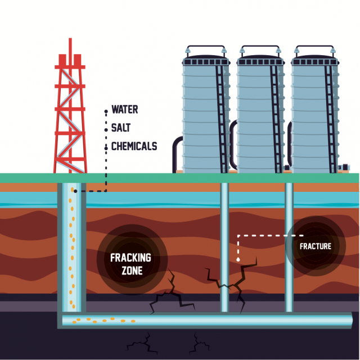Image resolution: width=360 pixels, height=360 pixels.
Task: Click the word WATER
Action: pyautogui.click(x=124, y=109)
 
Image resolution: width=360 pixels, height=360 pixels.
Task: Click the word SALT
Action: pyautogui.click(x=121, y=128)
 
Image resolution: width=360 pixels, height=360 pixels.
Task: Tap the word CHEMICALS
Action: pyautogui.click(x=134, y=146)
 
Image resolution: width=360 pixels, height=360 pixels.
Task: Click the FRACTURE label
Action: pyautogui.click(x=315, y=246)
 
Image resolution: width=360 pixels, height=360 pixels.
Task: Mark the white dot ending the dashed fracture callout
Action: pyautogui.click(x=239, y=260)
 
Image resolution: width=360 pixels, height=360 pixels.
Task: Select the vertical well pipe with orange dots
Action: pyautogui.click(x=72, y=247)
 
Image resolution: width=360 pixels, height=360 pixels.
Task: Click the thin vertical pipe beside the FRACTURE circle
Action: pyautogui.click(x=289, y=281)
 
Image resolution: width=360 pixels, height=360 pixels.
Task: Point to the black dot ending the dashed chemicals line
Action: pyautogui.click(x=75, y=191)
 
